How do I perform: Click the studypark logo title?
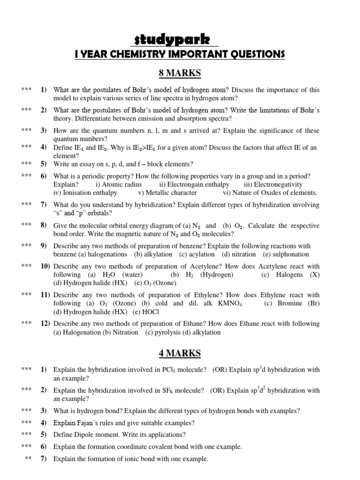pyautogui.click(x=180, y=39)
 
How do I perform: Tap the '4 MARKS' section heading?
pyautogui.click(x=180, y=353)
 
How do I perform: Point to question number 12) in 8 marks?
pyautogui.click(x=45, y=323)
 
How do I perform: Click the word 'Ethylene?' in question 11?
pyautogui.click(x=209, y=295)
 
